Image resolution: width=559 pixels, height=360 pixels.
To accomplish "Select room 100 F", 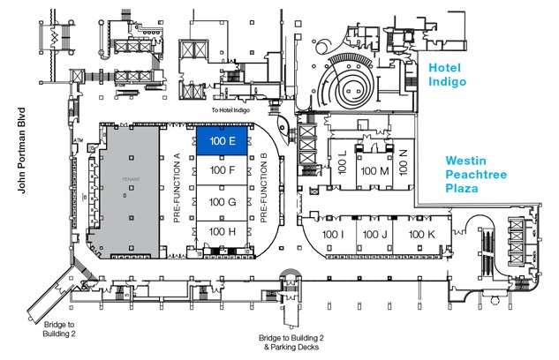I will pos(221,170).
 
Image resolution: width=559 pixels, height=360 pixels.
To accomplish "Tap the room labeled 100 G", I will pos(221,202).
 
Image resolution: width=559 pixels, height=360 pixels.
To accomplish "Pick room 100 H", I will pos(221,231).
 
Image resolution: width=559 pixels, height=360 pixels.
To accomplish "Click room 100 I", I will pos(333,234).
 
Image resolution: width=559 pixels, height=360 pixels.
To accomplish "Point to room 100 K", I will pos(420,234).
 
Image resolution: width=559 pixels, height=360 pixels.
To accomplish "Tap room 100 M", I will pos(375,170).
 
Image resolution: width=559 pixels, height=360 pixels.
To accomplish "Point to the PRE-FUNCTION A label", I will pos(177,186).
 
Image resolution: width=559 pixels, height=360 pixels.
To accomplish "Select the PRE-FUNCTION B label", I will pos(263,186).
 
